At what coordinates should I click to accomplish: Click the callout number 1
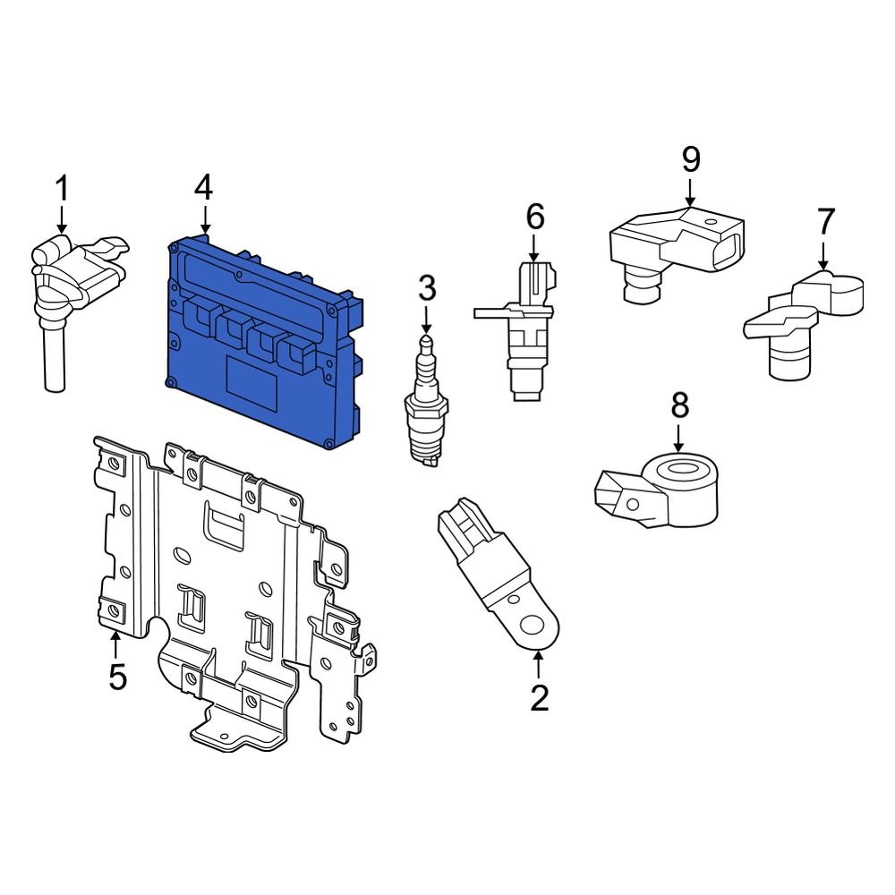[62, 189]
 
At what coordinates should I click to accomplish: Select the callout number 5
[117, 677]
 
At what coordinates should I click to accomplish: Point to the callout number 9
[690, 159]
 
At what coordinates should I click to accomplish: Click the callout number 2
[539, 697]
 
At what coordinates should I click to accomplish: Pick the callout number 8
[679, 405]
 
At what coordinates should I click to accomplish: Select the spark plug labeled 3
[426, 403]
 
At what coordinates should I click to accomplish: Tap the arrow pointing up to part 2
[538, 664]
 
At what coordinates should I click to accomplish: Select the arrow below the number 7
[823, 254]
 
